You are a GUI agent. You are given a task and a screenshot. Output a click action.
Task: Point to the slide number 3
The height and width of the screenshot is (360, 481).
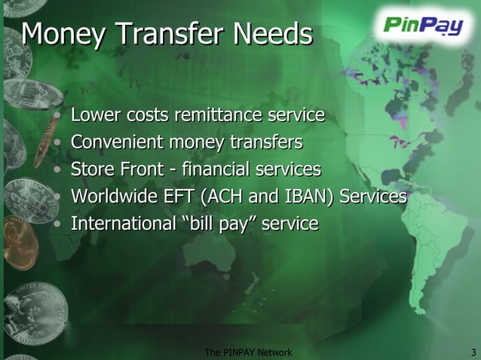tap(472, 352)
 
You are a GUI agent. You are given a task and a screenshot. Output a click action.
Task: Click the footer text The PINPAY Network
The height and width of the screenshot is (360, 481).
tap(248, 352)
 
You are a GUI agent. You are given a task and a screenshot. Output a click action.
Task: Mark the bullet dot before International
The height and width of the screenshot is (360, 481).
tap(59, 224)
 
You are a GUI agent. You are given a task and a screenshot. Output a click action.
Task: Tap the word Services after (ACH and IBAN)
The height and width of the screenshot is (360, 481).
tap(372, 197)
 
